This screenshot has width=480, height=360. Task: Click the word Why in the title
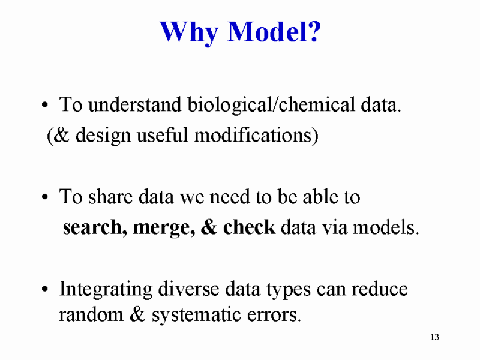[189, 33]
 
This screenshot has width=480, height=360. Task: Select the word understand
[134, 104]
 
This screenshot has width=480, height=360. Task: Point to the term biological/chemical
[271, 104]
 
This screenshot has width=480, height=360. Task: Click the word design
[103, 136]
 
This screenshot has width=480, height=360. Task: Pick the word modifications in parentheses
[256, 135]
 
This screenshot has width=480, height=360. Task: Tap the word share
[110, 196]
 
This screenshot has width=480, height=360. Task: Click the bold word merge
[164, 228]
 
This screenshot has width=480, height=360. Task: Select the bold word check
[249, 227]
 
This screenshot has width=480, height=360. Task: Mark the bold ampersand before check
[209, 227]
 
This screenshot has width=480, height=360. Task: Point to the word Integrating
[106, 290]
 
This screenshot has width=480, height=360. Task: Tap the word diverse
[188, 289]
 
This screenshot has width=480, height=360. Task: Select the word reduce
[379, 289]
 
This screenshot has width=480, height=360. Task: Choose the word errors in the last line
[274, 316]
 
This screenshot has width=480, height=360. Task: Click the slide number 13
[434, 337]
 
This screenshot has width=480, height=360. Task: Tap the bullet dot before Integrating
[45, 289]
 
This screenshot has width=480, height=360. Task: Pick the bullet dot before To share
[45, 197]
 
